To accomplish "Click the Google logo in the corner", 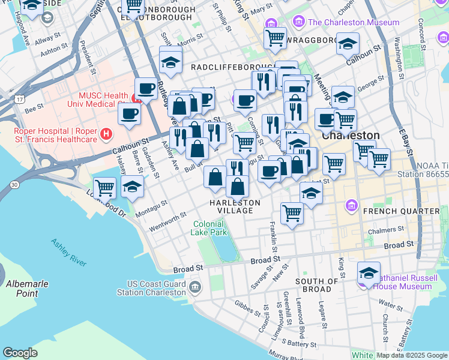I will point(20,353).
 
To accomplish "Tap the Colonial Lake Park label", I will point(209,228).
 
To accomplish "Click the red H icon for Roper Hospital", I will point(106,134).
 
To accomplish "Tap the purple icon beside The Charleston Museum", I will point(298,22).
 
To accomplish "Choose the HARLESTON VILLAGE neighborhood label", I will point(235,206).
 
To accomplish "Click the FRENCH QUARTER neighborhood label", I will point(401,211).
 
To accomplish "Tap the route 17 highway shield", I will point(20,98).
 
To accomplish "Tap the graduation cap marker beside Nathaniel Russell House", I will point(369,273).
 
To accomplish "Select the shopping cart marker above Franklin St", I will point(292,212).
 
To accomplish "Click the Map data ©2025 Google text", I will point(412,355).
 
